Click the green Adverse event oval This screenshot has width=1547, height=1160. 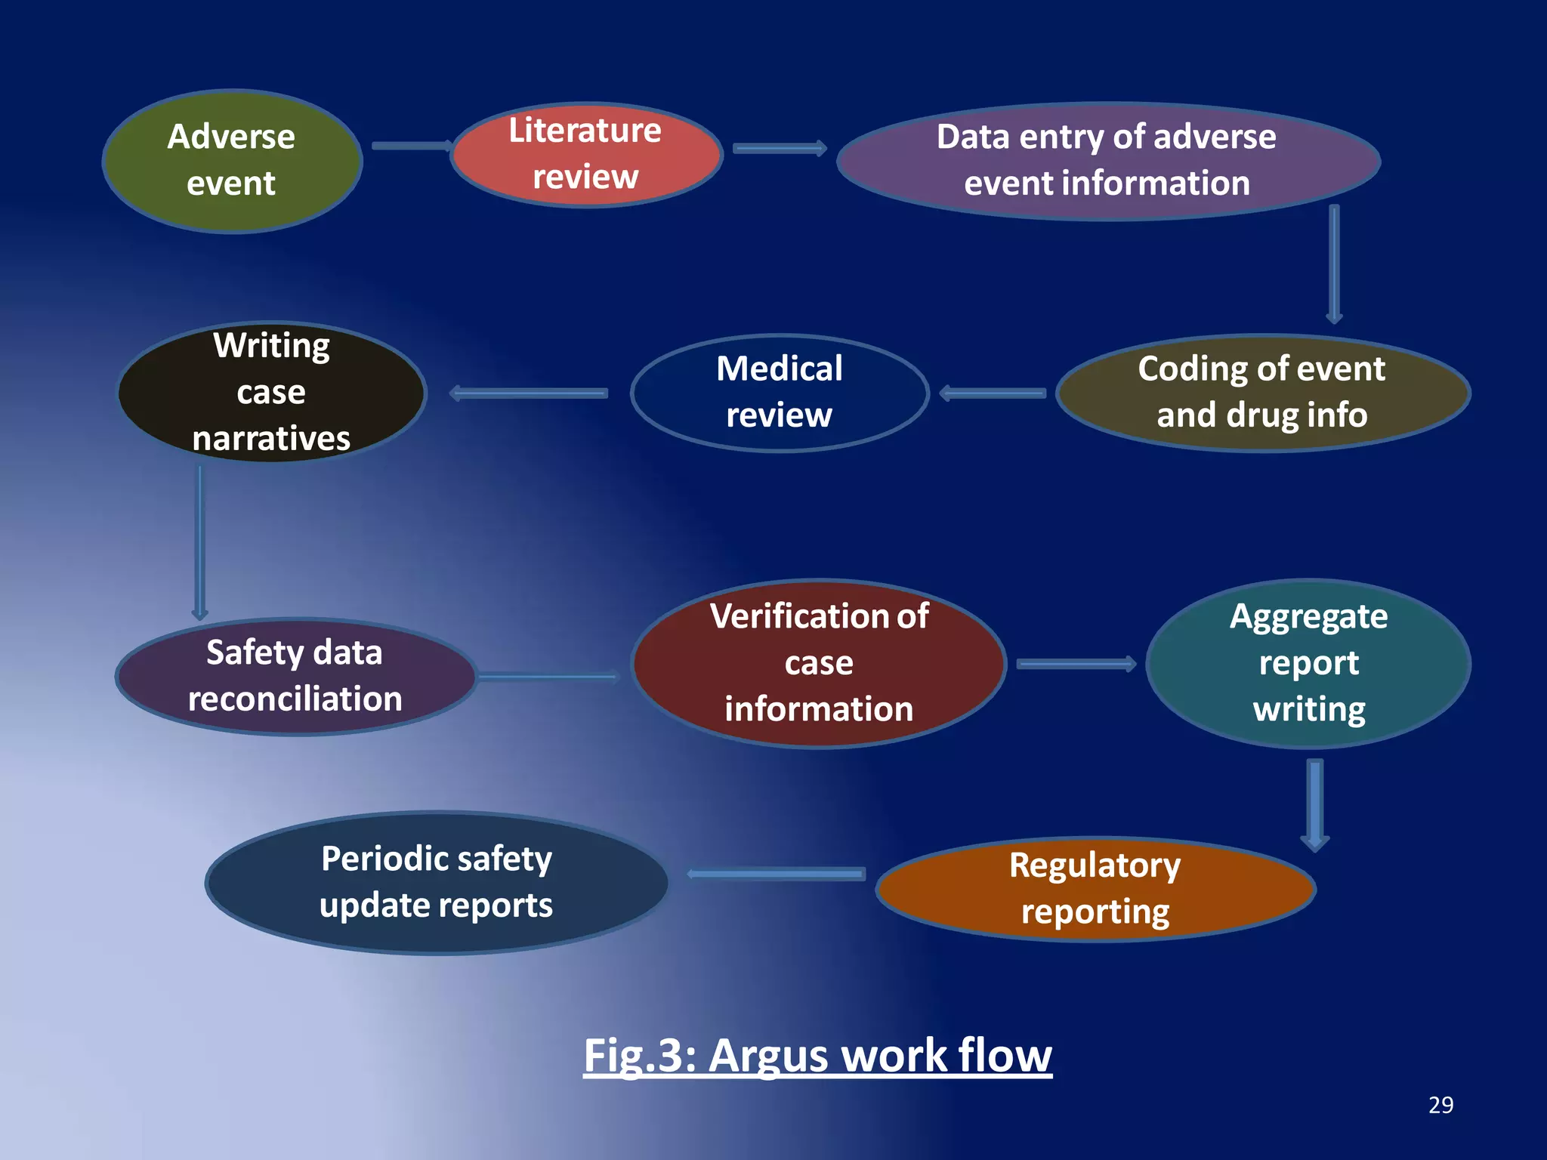pyautogui.click(x=232, y=161)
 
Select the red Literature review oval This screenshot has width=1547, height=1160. pyautogui.click(x=586, y=154)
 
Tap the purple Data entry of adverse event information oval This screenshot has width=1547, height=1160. pyautogui.click(x=1107, y=161)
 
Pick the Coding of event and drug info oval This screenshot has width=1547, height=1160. pyautogui.click(x=1262, y=393)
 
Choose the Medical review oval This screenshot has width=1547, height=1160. pyautogui.click(x=780, y=393)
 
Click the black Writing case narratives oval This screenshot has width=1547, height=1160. pyautogui.click(x=272, y=392)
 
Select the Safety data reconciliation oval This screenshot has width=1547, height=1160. pyautogui.click(x=295, y=676)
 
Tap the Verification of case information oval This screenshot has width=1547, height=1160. pyautogui.click(x=820, y=663)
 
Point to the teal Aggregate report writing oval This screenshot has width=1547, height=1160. pyautogui.click(x=1308, y=663)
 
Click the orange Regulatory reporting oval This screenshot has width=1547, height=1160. pyautogui.click(x=1095, y=889)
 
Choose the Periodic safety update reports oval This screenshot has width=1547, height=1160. pyautogui.click(x=437, y=882)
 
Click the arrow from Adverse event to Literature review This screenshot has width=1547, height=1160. pyautogui.click(x=411, y=146)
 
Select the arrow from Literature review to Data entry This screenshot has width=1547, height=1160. pyautogui.click(x=780, y=149)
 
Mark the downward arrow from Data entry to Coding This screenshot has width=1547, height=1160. pyautogui.click(x=1334, y=264)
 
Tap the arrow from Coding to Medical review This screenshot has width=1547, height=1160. pyautogui.click(x=993, y=393)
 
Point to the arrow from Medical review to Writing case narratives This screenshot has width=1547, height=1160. pyautogui.click(x=529, y=393)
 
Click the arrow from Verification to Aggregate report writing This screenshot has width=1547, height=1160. pyautogui.click(x=1076, y=665)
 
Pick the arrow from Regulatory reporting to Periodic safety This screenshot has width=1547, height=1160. pyautogui.click(x=777, y=875)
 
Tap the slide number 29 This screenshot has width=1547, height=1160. pyautogui.click(x=1440, y=1105)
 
